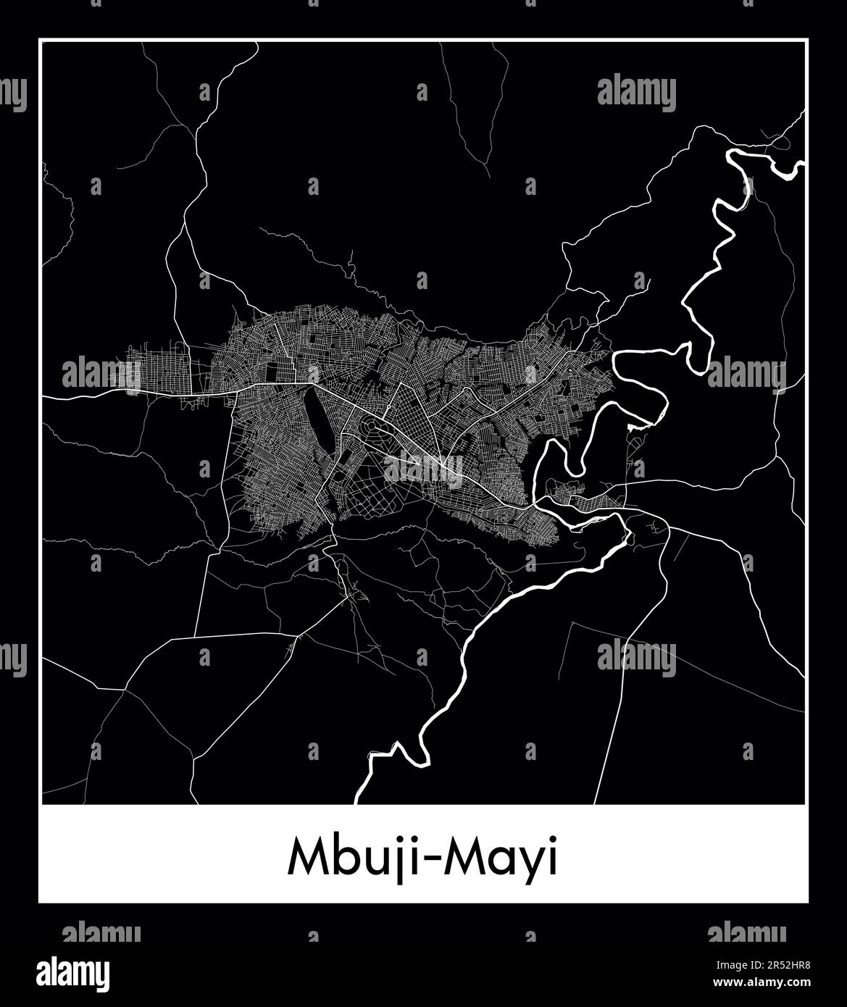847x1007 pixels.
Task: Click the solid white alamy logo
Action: tap(73, 972)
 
